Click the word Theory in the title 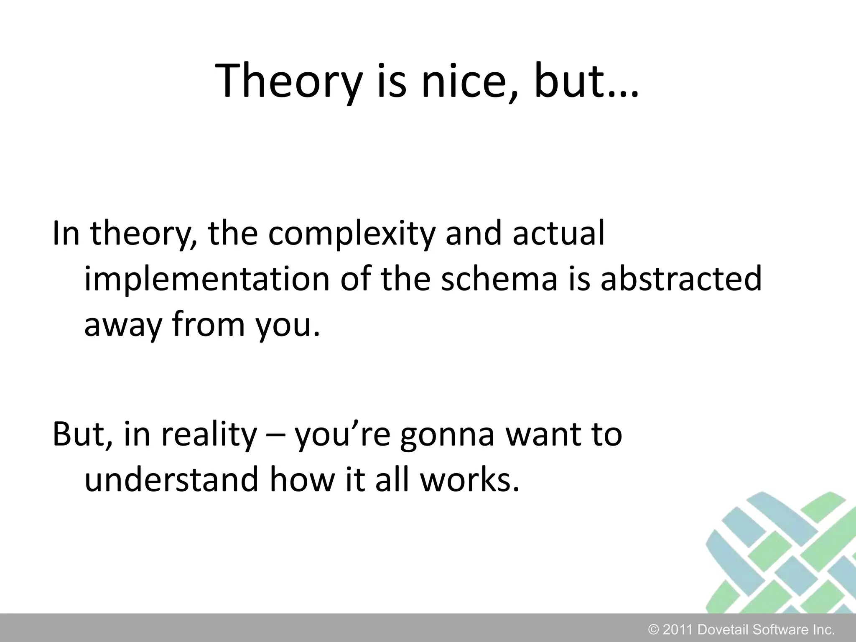[288, 82]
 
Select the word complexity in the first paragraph [352, 234]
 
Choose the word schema [499, 279]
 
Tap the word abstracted [681, 279]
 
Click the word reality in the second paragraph [209, 435]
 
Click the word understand [171, 480]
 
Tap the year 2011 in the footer [678, 629]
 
